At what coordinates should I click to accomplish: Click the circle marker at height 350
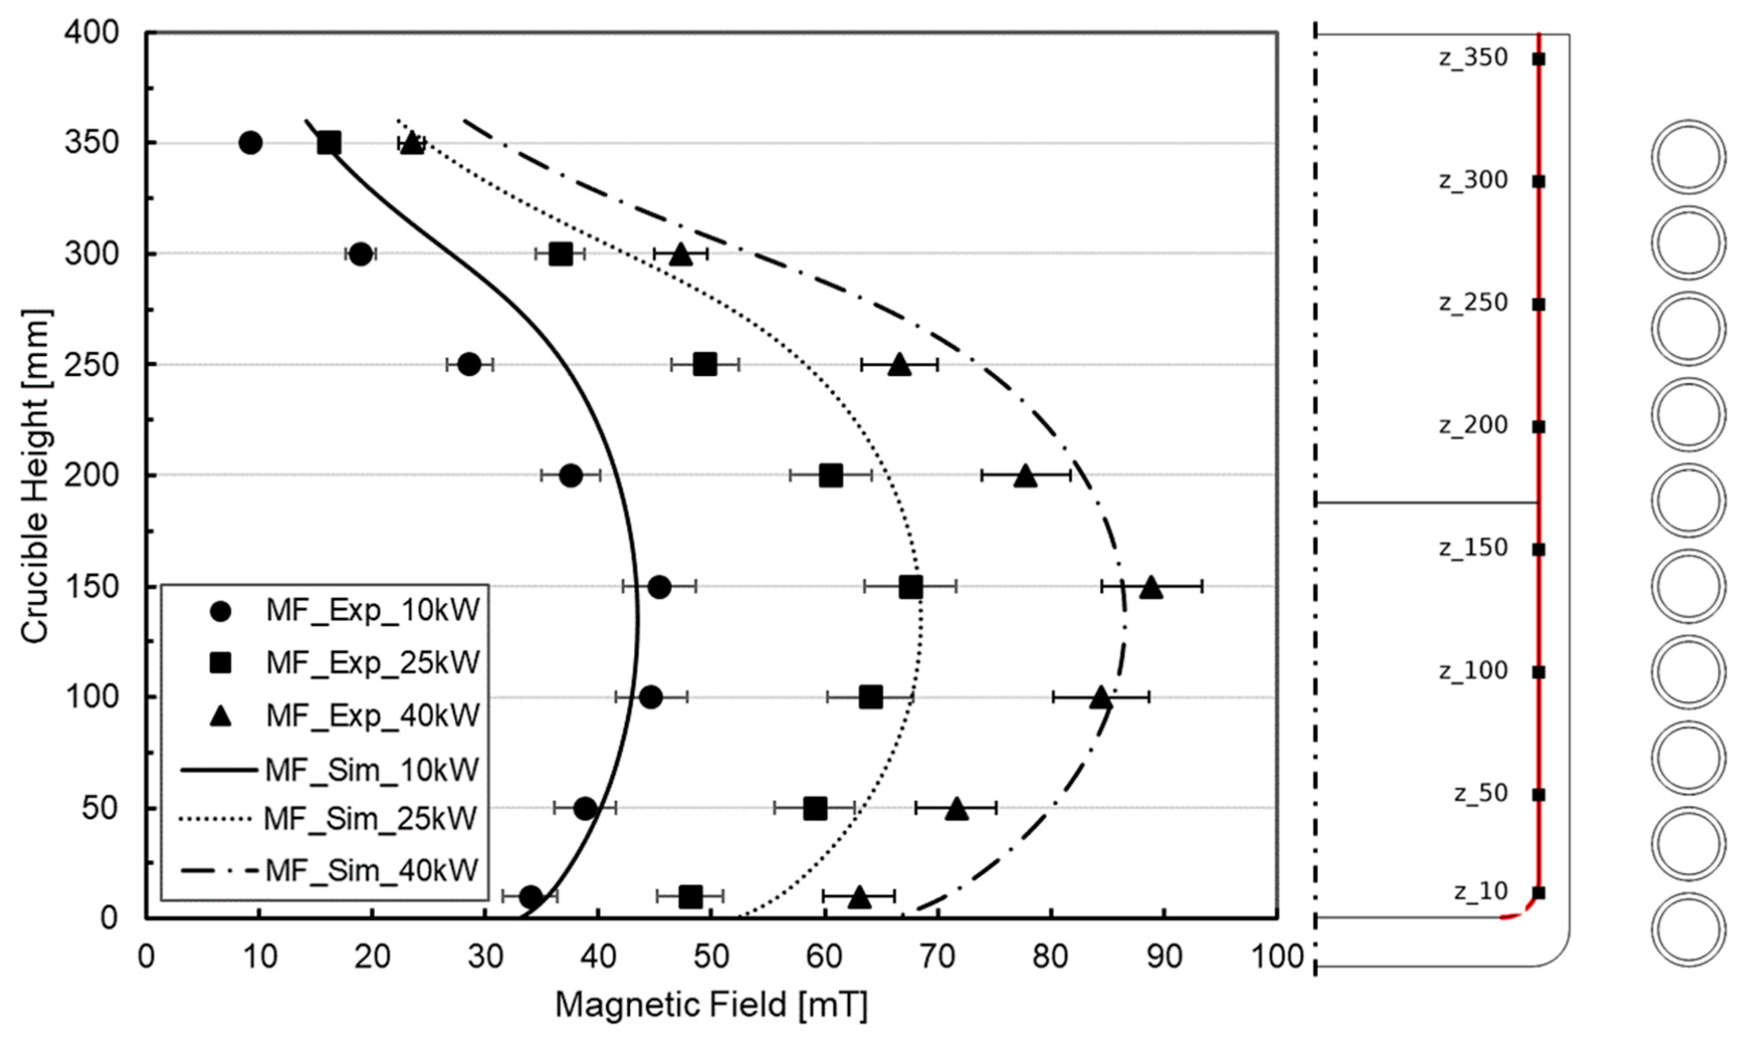251,143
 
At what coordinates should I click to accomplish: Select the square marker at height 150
911,587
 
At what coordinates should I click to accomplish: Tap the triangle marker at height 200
1025,476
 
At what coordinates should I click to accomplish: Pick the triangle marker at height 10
860,897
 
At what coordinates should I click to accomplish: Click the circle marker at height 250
469,364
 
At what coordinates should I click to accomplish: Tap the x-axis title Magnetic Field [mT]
711,1006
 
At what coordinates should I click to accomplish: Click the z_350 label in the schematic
1472,57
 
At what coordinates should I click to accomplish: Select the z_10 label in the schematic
1480,891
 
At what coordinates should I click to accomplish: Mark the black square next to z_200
1539,427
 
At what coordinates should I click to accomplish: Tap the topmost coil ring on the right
1688,157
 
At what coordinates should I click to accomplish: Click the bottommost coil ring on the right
1688,929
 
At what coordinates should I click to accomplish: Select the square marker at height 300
560,254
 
